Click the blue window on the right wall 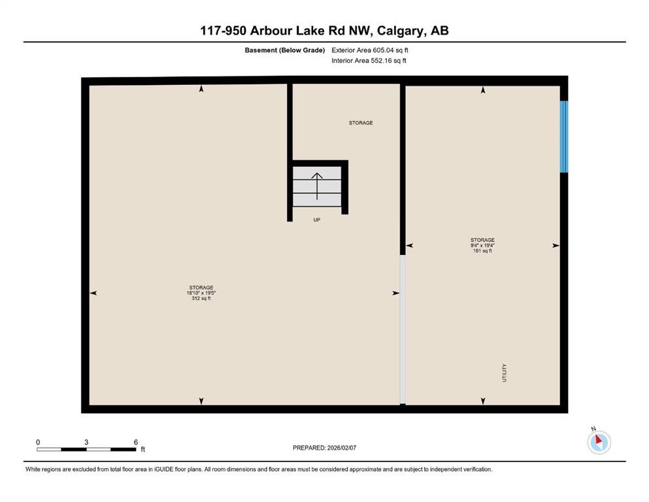tap(564, 137)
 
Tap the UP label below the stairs tap(316, 220)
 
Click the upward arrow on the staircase tap(317, 186)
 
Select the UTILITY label tap(504, 373)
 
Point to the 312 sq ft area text tap(201, 298)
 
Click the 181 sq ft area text tap(482, 251)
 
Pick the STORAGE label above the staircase tap(361, 123)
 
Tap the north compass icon tap(599, 442)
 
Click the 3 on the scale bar tap(86, 442)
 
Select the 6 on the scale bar tap(136, 442)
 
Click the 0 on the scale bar tap(38, 442)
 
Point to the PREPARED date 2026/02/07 tap(341, 448)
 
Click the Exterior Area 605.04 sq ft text tap(370, 50)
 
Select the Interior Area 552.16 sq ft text tap(369, 60)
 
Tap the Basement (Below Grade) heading tap(285, 50)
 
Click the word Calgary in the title tap(400, 31)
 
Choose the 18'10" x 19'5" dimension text tap(201, 293)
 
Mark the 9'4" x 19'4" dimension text tap(482, 245)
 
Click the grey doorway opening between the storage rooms tap(403, 329)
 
